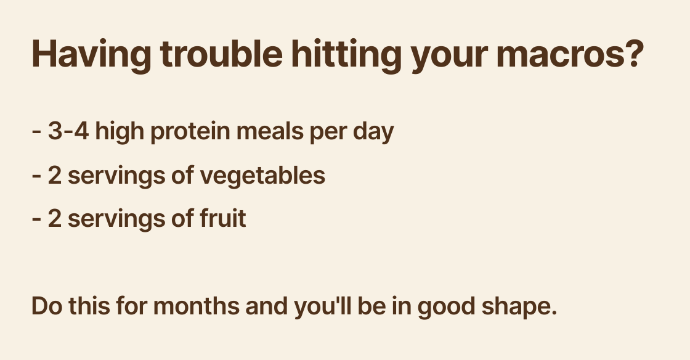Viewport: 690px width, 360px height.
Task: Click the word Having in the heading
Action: pyautogui.click(x=91, y=54)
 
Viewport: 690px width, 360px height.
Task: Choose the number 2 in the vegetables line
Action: pyautogui.click(x=55, y=176)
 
